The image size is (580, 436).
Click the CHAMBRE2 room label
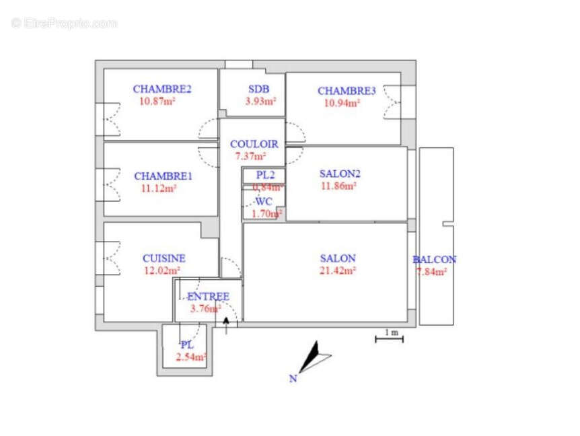[x=162, y=89]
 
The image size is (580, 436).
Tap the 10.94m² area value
[x=342, y=103]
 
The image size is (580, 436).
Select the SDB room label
[x=259, y=89]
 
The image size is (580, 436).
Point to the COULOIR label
[x=254, y=144]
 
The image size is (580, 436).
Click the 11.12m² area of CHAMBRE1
[x=159, y=189]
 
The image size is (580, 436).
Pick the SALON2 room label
[x=340, y=173]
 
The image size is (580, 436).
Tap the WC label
[x=263, y=201]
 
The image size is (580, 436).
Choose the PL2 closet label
[x=265, y=175]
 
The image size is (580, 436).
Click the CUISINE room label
[x=164, y=258]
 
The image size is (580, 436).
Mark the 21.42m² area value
[x=338, y=270]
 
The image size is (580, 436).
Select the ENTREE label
[x=208, y=296]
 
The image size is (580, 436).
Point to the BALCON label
[x=434, y=260]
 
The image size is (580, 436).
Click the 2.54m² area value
[x=191, y=357]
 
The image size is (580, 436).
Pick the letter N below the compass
[x=293, y=379]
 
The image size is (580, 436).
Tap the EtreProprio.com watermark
[x=65, y=23]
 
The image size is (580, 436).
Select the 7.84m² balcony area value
[x=432, y=272]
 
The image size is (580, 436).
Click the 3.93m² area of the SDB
[x=260, y=102]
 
